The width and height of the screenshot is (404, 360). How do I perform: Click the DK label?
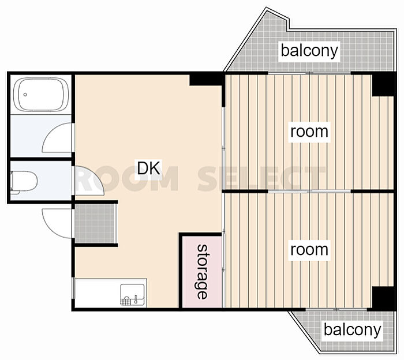pyautogui.click(x=149, y=168)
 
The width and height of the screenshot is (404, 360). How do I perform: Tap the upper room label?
pyautogui.click(x=309, y=132)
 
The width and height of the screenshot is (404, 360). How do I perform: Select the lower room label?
pyautogui.click(x=309, y=250)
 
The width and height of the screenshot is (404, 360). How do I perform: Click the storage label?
pyautogui.click(x=202, y=272)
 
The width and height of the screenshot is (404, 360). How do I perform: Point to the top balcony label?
pyautogui.click(x=309, y=50)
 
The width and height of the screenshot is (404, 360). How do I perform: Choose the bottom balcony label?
pyautogui.click(x=352, y=329)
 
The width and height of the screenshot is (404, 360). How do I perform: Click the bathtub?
pyautogui.click(x=41, y=94)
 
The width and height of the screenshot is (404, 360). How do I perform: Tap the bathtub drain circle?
pyautogui.click(x=25, y=95)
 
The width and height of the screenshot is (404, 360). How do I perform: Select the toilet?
pyautogui.click(x=24, y=181)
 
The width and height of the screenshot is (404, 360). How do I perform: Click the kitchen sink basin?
pyautogui.click(x=132, y=295)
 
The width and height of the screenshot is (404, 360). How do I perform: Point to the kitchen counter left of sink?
pyautogui.click(x=98, y=293)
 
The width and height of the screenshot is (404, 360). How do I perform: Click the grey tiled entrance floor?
pyautogui.click(x=95, y=223)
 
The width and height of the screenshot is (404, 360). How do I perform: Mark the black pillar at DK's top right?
pyautogui.click(x=206, y=80)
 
